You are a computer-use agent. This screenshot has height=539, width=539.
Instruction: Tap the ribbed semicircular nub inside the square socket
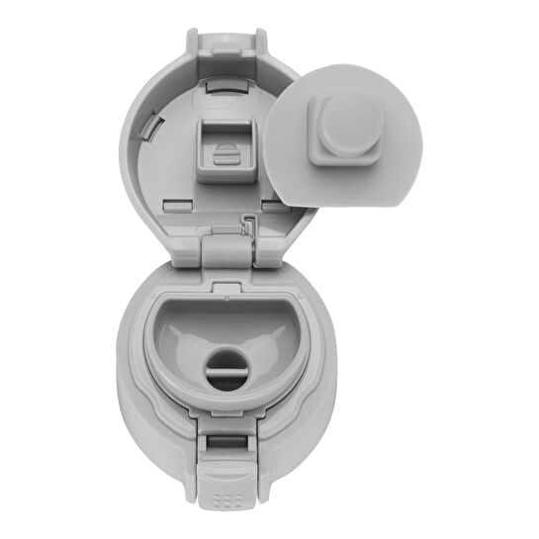225,155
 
